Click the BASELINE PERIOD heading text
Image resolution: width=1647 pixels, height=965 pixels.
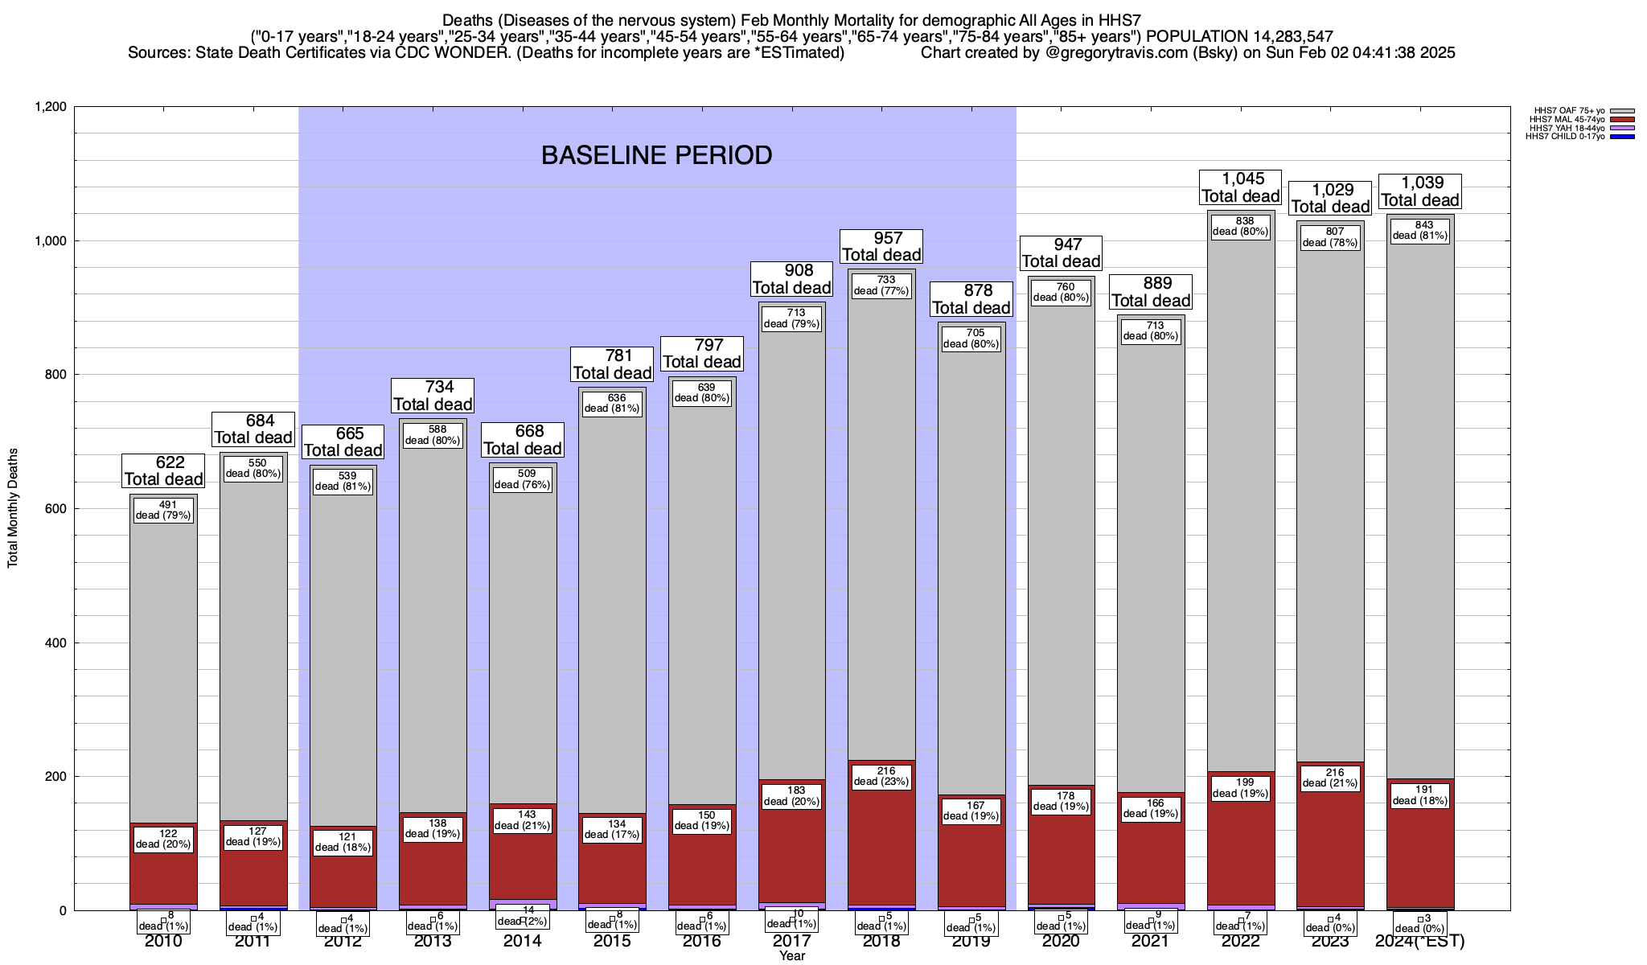(x=656, y=155)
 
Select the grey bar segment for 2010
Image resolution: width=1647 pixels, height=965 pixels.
(x=163, y=667)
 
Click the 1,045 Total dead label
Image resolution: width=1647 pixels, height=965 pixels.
(x=1241, y=187)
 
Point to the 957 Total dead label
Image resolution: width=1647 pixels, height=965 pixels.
(x=881, y=247)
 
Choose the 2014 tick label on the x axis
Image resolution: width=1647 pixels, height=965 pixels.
(x=523, y=942)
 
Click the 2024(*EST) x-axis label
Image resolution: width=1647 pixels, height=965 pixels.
(x=1420, y=942)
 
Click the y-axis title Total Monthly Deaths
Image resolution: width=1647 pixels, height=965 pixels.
(x=13, y=508)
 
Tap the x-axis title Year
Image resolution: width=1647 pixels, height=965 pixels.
(x=791, y=956)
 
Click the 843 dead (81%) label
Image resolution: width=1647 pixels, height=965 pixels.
(x=1420, y=231)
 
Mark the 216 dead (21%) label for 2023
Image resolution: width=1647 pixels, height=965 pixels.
(x=1330, y=778)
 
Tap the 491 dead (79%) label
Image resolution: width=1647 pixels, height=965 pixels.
(x=163, y=510)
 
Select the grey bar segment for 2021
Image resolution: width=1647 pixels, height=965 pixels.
(x=1151, y=563)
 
